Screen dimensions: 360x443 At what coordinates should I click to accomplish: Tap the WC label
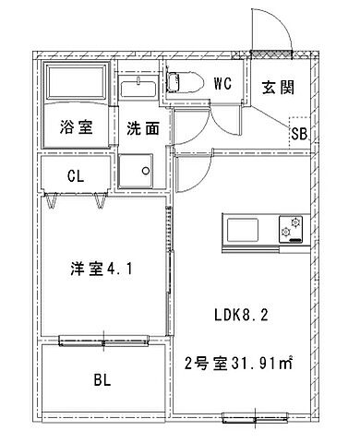click(222, 83)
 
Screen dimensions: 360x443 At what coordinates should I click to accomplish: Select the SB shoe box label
click(299, 134)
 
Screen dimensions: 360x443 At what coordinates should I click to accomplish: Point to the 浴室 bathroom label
click(77, 128)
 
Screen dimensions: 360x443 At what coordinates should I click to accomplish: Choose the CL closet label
click(77, 174)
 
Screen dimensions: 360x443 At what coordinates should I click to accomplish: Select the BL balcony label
click(102, 378)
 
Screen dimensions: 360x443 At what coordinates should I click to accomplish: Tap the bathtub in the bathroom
click(76, 86)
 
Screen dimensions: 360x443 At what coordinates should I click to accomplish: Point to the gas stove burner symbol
click(294, 226)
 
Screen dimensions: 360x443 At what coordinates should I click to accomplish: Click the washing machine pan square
click(139, 171)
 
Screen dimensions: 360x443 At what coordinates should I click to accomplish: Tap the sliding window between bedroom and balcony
click(102, 341)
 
